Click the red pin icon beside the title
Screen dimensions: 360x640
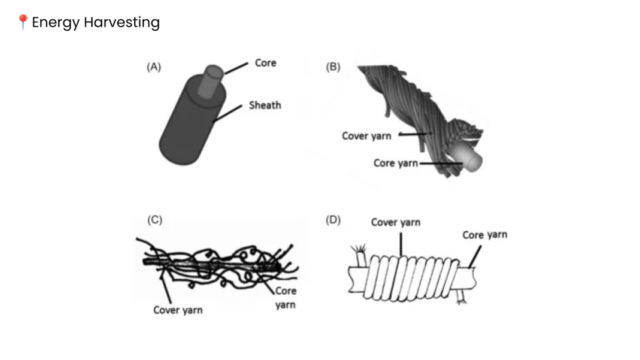coord(23,23)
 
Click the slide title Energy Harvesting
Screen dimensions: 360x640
coord(95,23)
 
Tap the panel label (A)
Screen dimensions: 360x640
coord(154,67)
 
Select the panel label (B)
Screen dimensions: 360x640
coord(333,67)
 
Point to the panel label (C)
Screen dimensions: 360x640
coord(155,221)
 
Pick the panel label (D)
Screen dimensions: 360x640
coord(333,221)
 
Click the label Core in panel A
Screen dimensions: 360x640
coord(265,63)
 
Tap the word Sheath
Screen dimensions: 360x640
coord(265,105)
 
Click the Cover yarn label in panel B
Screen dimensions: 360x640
coord(367,136)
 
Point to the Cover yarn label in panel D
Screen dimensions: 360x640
coord(396,223)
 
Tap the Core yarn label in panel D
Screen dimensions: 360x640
coord(485,235)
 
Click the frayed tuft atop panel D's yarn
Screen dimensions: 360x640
coord(361,253)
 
